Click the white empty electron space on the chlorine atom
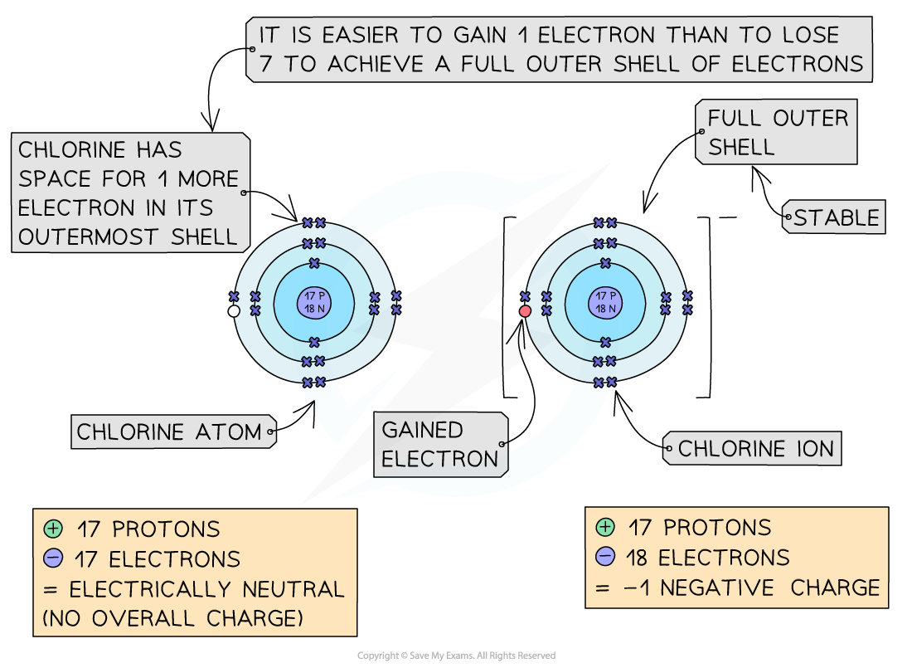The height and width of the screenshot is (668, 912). click(234, 311)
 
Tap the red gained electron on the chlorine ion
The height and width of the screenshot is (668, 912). click(525, 311)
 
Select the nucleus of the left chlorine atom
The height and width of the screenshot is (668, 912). click(314, 303)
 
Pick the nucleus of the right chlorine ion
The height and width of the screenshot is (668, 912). click(605, 303)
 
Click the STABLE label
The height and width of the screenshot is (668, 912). click(835, 218)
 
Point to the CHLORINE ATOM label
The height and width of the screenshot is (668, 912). click(169, 432)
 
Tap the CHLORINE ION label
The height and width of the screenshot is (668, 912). click(755, 449)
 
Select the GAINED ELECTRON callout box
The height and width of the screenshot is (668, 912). click(440, 444)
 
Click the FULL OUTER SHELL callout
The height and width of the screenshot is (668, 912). click(778, 133)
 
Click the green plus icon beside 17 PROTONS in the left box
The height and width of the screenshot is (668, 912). click(54, 529)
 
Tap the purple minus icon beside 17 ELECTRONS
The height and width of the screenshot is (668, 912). click(54, 558)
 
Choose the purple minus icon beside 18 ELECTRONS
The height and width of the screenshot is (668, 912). click(605, 557)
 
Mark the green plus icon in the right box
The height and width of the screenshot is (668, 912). click(605, 527)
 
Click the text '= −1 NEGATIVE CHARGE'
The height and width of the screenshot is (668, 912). click(737, 588)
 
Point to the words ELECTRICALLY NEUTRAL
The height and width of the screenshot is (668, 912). click(206, 589)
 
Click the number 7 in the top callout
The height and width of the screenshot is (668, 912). click(265, 65)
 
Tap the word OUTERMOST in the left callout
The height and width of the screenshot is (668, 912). click(91, 236)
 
